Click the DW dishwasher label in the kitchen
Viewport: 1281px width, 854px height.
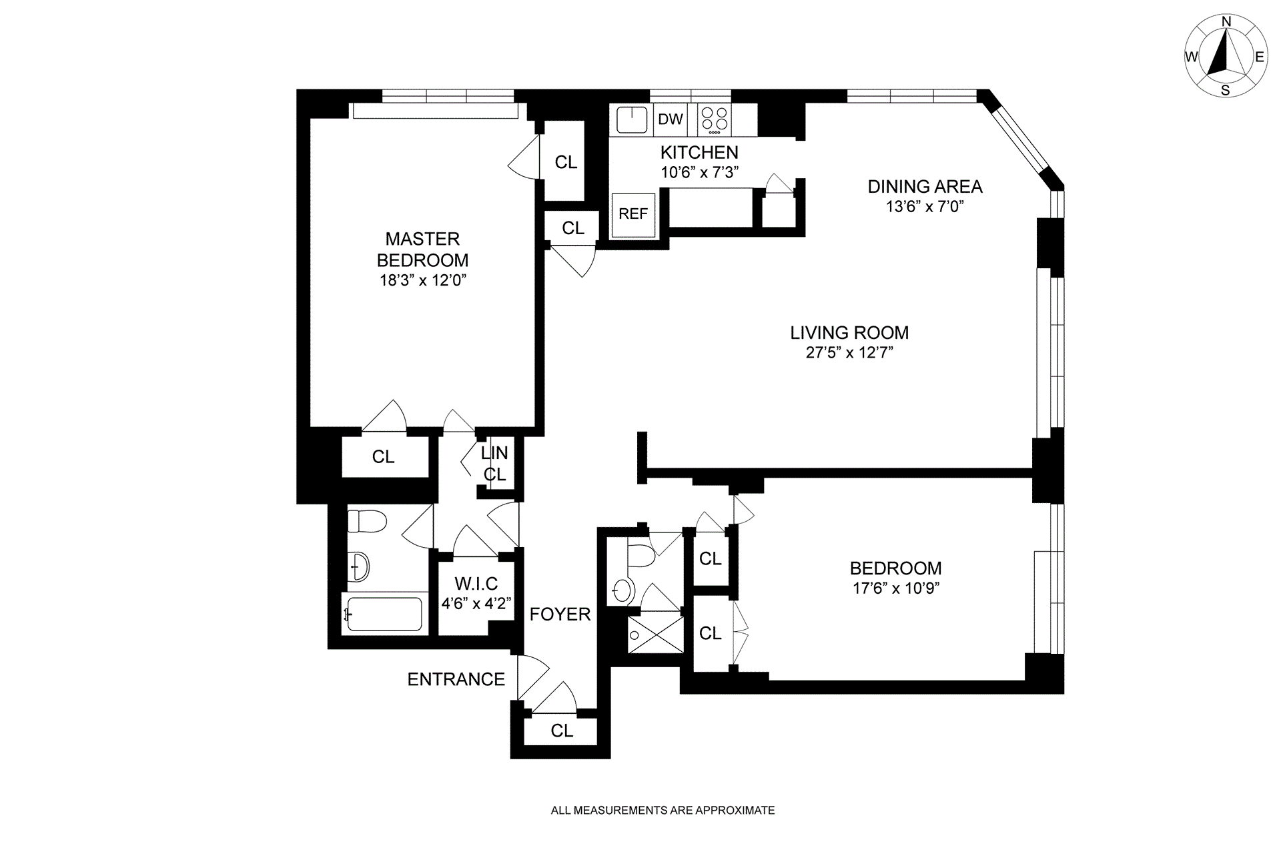point(671,119)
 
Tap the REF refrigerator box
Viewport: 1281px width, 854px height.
point(633,214)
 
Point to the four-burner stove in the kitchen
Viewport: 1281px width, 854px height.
point(715,120)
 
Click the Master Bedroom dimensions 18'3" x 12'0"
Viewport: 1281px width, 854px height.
point(422,280)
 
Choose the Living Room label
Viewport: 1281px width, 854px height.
point(849,332)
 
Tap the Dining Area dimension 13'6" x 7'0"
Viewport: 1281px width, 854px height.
point(925,207)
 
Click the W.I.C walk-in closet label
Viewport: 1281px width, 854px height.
point(476,584)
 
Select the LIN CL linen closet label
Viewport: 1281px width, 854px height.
point(495,464)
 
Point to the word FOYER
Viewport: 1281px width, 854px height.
point(560,614)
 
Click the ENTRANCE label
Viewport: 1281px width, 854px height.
point(456,679)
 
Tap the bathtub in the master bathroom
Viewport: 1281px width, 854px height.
point(383,614)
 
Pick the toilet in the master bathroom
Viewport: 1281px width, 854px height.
point(367,521)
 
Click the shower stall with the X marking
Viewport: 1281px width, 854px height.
point(656,634)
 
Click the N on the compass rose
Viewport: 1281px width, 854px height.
point(1226,40)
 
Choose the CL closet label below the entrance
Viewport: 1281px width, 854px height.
point(562,731)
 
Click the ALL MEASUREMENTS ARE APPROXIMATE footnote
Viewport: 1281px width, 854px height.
point(663,811)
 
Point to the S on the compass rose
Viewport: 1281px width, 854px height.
point(1225,91)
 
